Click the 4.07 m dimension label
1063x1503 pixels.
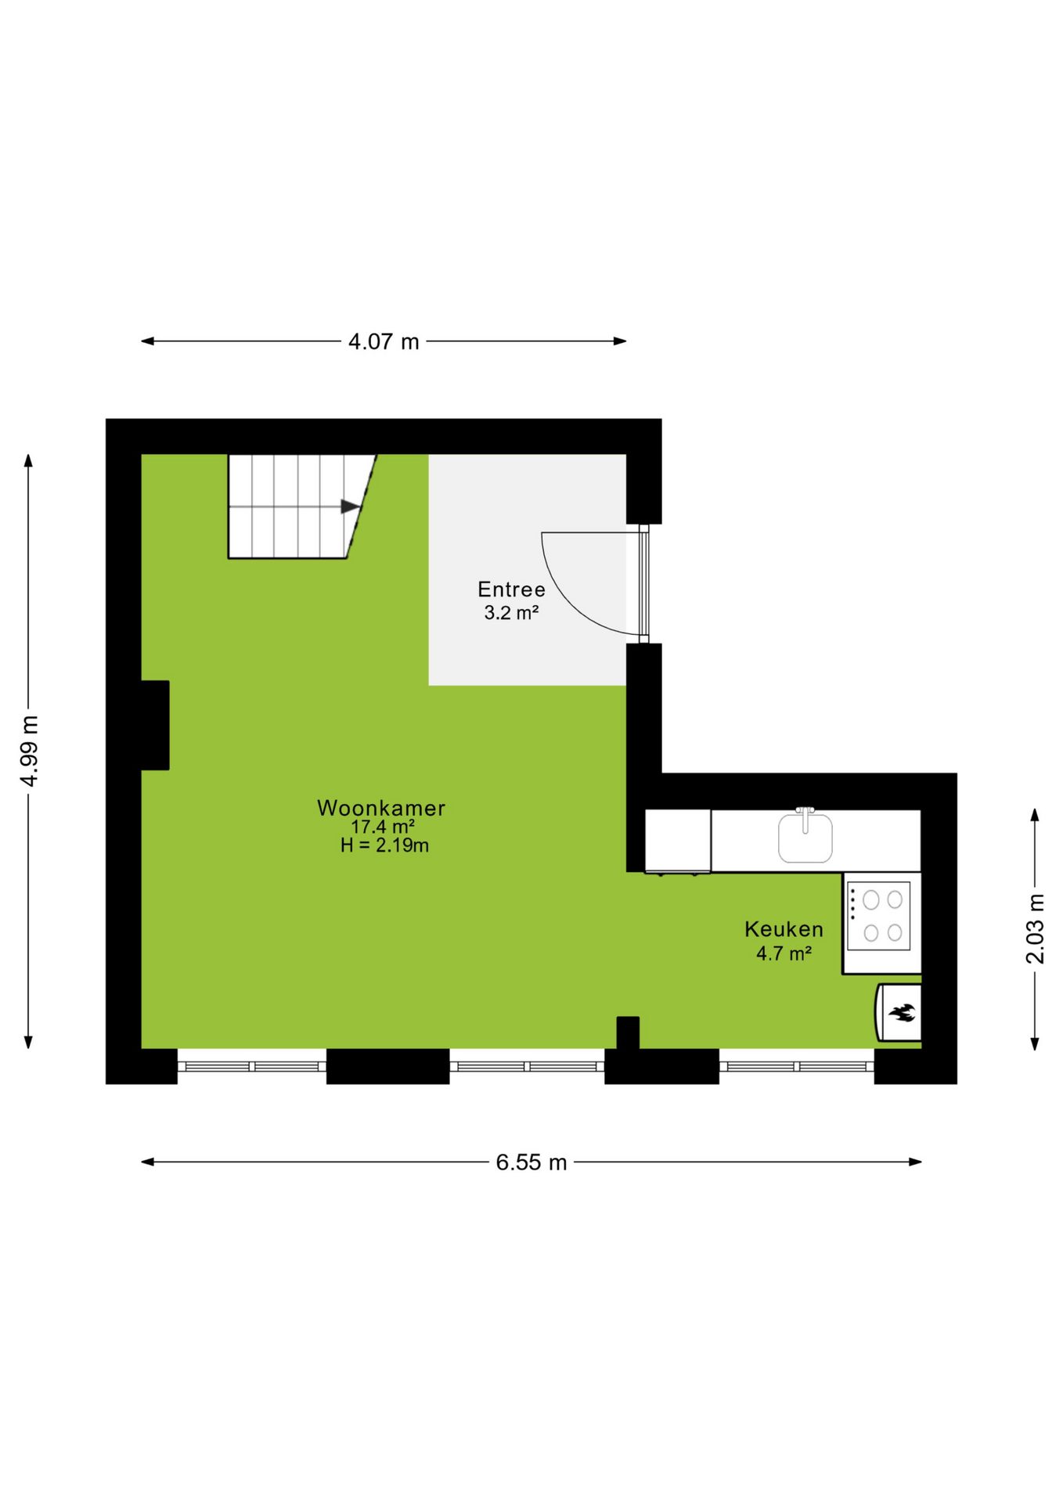[x=384, y=341]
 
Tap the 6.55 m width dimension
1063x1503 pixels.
[x=531, y=1162]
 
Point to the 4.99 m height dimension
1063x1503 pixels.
[x=29, y=751]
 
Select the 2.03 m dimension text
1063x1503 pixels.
[x=1035, y=928]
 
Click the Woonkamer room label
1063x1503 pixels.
[x=381, y=808]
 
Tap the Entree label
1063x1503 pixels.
[x=511, y=589]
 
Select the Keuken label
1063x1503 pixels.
[x=784, y=929]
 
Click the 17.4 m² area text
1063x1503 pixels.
[x=382, y=827]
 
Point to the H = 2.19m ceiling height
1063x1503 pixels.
[x=384, y=845]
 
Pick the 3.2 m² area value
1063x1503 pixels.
[x=511, y=612]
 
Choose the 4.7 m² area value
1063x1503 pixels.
[x=784, y=953]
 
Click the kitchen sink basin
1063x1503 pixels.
[x=805, y=838]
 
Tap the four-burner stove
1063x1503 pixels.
[x=881, y=923]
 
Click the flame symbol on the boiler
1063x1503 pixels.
[x=902, y=1013]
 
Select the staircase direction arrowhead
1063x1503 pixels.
[x=350, y=507]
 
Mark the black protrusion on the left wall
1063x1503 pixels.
[x=155, y=725]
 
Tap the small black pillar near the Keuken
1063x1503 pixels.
[x=628, y=1033]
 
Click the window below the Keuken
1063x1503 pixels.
[x=796, y=1066]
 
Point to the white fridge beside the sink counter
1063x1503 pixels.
[x=678, y=841]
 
